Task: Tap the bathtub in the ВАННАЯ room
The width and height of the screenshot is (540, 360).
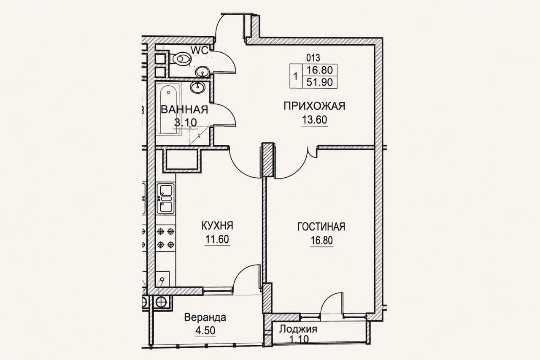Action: click(168, 109)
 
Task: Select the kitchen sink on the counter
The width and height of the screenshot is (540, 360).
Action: click(166, 199)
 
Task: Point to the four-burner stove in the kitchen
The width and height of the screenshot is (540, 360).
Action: click(166, 238)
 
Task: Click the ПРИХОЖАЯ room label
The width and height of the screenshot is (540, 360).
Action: click(314, 106)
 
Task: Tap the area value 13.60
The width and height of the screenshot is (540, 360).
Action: click(314, 120)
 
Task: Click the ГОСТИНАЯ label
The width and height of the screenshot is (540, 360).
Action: click(321, 227)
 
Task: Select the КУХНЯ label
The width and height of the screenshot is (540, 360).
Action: click(217, 226)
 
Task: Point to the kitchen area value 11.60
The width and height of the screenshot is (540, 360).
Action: click(217, 239)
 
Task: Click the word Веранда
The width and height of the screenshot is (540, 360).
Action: click(205, 317)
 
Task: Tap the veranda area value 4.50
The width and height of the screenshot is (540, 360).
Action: click(205, 330)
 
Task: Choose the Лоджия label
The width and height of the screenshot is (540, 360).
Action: click(298, 329)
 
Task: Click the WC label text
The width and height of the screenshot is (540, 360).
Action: click(200, 50)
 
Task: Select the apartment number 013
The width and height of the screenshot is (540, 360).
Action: click(313, 58)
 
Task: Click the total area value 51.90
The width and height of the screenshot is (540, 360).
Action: click(319, 82)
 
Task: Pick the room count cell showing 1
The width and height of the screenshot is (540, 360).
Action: click(295, 77)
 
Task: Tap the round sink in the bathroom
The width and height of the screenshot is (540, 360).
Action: click(197, 87)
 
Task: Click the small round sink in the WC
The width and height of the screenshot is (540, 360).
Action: click(202, 72)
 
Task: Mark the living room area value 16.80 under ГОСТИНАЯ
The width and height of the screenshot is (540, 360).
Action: click(322, 241)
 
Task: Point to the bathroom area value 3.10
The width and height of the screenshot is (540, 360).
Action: click(185, 122)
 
